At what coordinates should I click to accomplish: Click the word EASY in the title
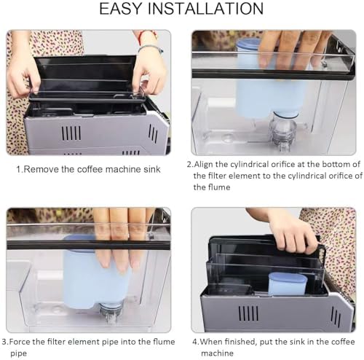pyautogui.click(x=120, y=9)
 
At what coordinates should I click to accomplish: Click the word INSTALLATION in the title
pyautogui.click(x=206, y=9)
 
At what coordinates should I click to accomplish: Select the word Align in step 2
pyautogui.click(x=203, y=165)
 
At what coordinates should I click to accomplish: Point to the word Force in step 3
pyautogui.click(x=20, y=342)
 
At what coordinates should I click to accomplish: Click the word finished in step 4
pyautogui.click(x=241, y=342)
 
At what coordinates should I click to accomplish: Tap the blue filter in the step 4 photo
pyautogui.click(x=288, y=283)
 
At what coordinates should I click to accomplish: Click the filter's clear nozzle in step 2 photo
pyautogui.click(x=283, y=131)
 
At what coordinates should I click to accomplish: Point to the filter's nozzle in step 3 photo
pyautogui.click(x=111, y=313)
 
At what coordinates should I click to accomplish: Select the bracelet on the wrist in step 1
pyautogui.click(x=151, y=47)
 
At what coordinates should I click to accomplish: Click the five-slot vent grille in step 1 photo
pyautogui.click(x=71, y=133)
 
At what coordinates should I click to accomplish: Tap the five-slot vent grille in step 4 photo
pyautogui.click(x=248, y=313)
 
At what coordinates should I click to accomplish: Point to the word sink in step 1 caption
pyautogui.click(x=152, y=169)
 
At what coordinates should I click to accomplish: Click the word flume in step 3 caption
pyautogui.click(x=164, y=342)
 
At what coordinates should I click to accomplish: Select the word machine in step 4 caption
pyautogui.click(x=217, y=353)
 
